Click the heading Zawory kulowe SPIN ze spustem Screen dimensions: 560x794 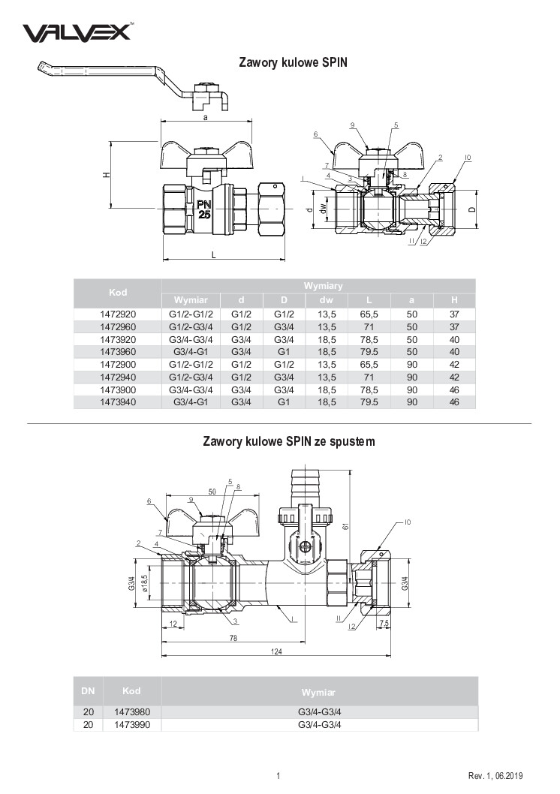pos(288,441)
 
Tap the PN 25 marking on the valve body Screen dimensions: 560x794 pos(204,209)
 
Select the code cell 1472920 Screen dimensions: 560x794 pos(118,314)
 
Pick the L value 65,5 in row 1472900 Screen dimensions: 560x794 pos(369,365)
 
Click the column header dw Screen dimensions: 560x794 pos(327,300)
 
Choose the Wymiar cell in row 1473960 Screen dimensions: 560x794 pos(191,352)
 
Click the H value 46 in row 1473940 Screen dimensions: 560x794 pos(454,402)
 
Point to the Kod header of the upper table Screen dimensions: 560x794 pos(118,293)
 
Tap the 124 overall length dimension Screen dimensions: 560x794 pos(276,651)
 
